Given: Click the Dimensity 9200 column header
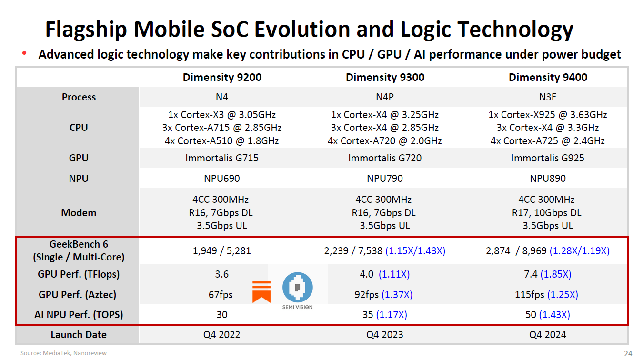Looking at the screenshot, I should [x=222, y=77].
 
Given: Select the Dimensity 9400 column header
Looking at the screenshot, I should [x=548, y=77].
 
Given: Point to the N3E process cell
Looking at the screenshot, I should [x=548, y=97].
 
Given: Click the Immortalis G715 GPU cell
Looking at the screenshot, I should [x=222, y=158].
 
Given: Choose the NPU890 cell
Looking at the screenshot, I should [x=548, y=179].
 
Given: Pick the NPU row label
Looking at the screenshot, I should [x=79, y=179].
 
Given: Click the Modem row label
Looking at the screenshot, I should [x=79, y=213].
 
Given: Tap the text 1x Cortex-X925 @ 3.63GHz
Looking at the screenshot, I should [x=548, y=115].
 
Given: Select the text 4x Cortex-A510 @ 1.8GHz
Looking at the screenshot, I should [x=222, y=141].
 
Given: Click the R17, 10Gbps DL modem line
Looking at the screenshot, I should [x=548, y=213].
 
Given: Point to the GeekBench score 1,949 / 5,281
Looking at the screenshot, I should [x=222, y=251].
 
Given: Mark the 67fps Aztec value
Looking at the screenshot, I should [x=221, y=295].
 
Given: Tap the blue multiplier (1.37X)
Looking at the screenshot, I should [x=397, y=295].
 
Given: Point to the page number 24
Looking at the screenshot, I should [x=628, y=353].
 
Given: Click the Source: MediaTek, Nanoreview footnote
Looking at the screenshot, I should [x=64, y=353].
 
